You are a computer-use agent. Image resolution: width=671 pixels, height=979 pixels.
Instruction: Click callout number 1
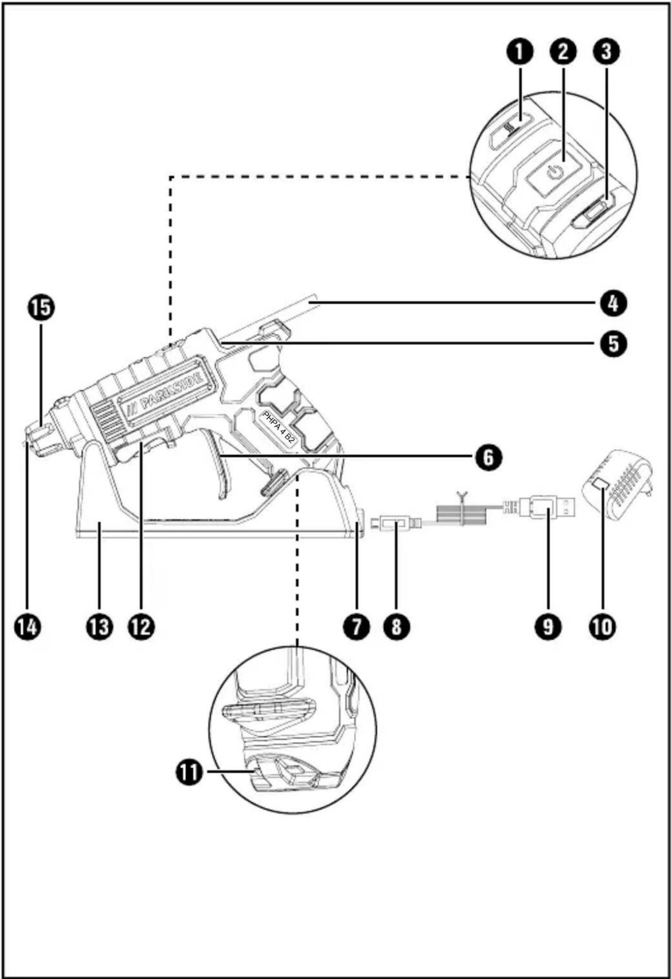pos(520,51)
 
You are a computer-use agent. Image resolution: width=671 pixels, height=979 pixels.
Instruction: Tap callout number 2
pos(563,51)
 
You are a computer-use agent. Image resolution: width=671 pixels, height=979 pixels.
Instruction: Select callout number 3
pos(606,51)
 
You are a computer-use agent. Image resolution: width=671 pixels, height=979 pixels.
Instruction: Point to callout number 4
pos(613,303)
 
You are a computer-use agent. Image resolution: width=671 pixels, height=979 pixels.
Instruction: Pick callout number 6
pos(488,457)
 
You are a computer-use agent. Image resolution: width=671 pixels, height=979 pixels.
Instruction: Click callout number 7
pos(357,627)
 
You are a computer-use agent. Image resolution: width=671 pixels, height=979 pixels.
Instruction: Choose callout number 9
pos(548,627)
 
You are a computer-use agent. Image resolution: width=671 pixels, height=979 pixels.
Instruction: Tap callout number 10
pos(602,627)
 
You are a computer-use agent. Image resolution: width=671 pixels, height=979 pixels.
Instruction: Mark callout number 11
pos(189,772)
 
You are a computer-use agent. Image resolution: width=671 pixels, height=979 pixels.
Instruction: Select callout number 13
pos(99,627)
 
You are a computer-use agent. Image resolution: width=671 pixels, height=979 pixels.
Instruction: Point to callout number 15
pos(41,307)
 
